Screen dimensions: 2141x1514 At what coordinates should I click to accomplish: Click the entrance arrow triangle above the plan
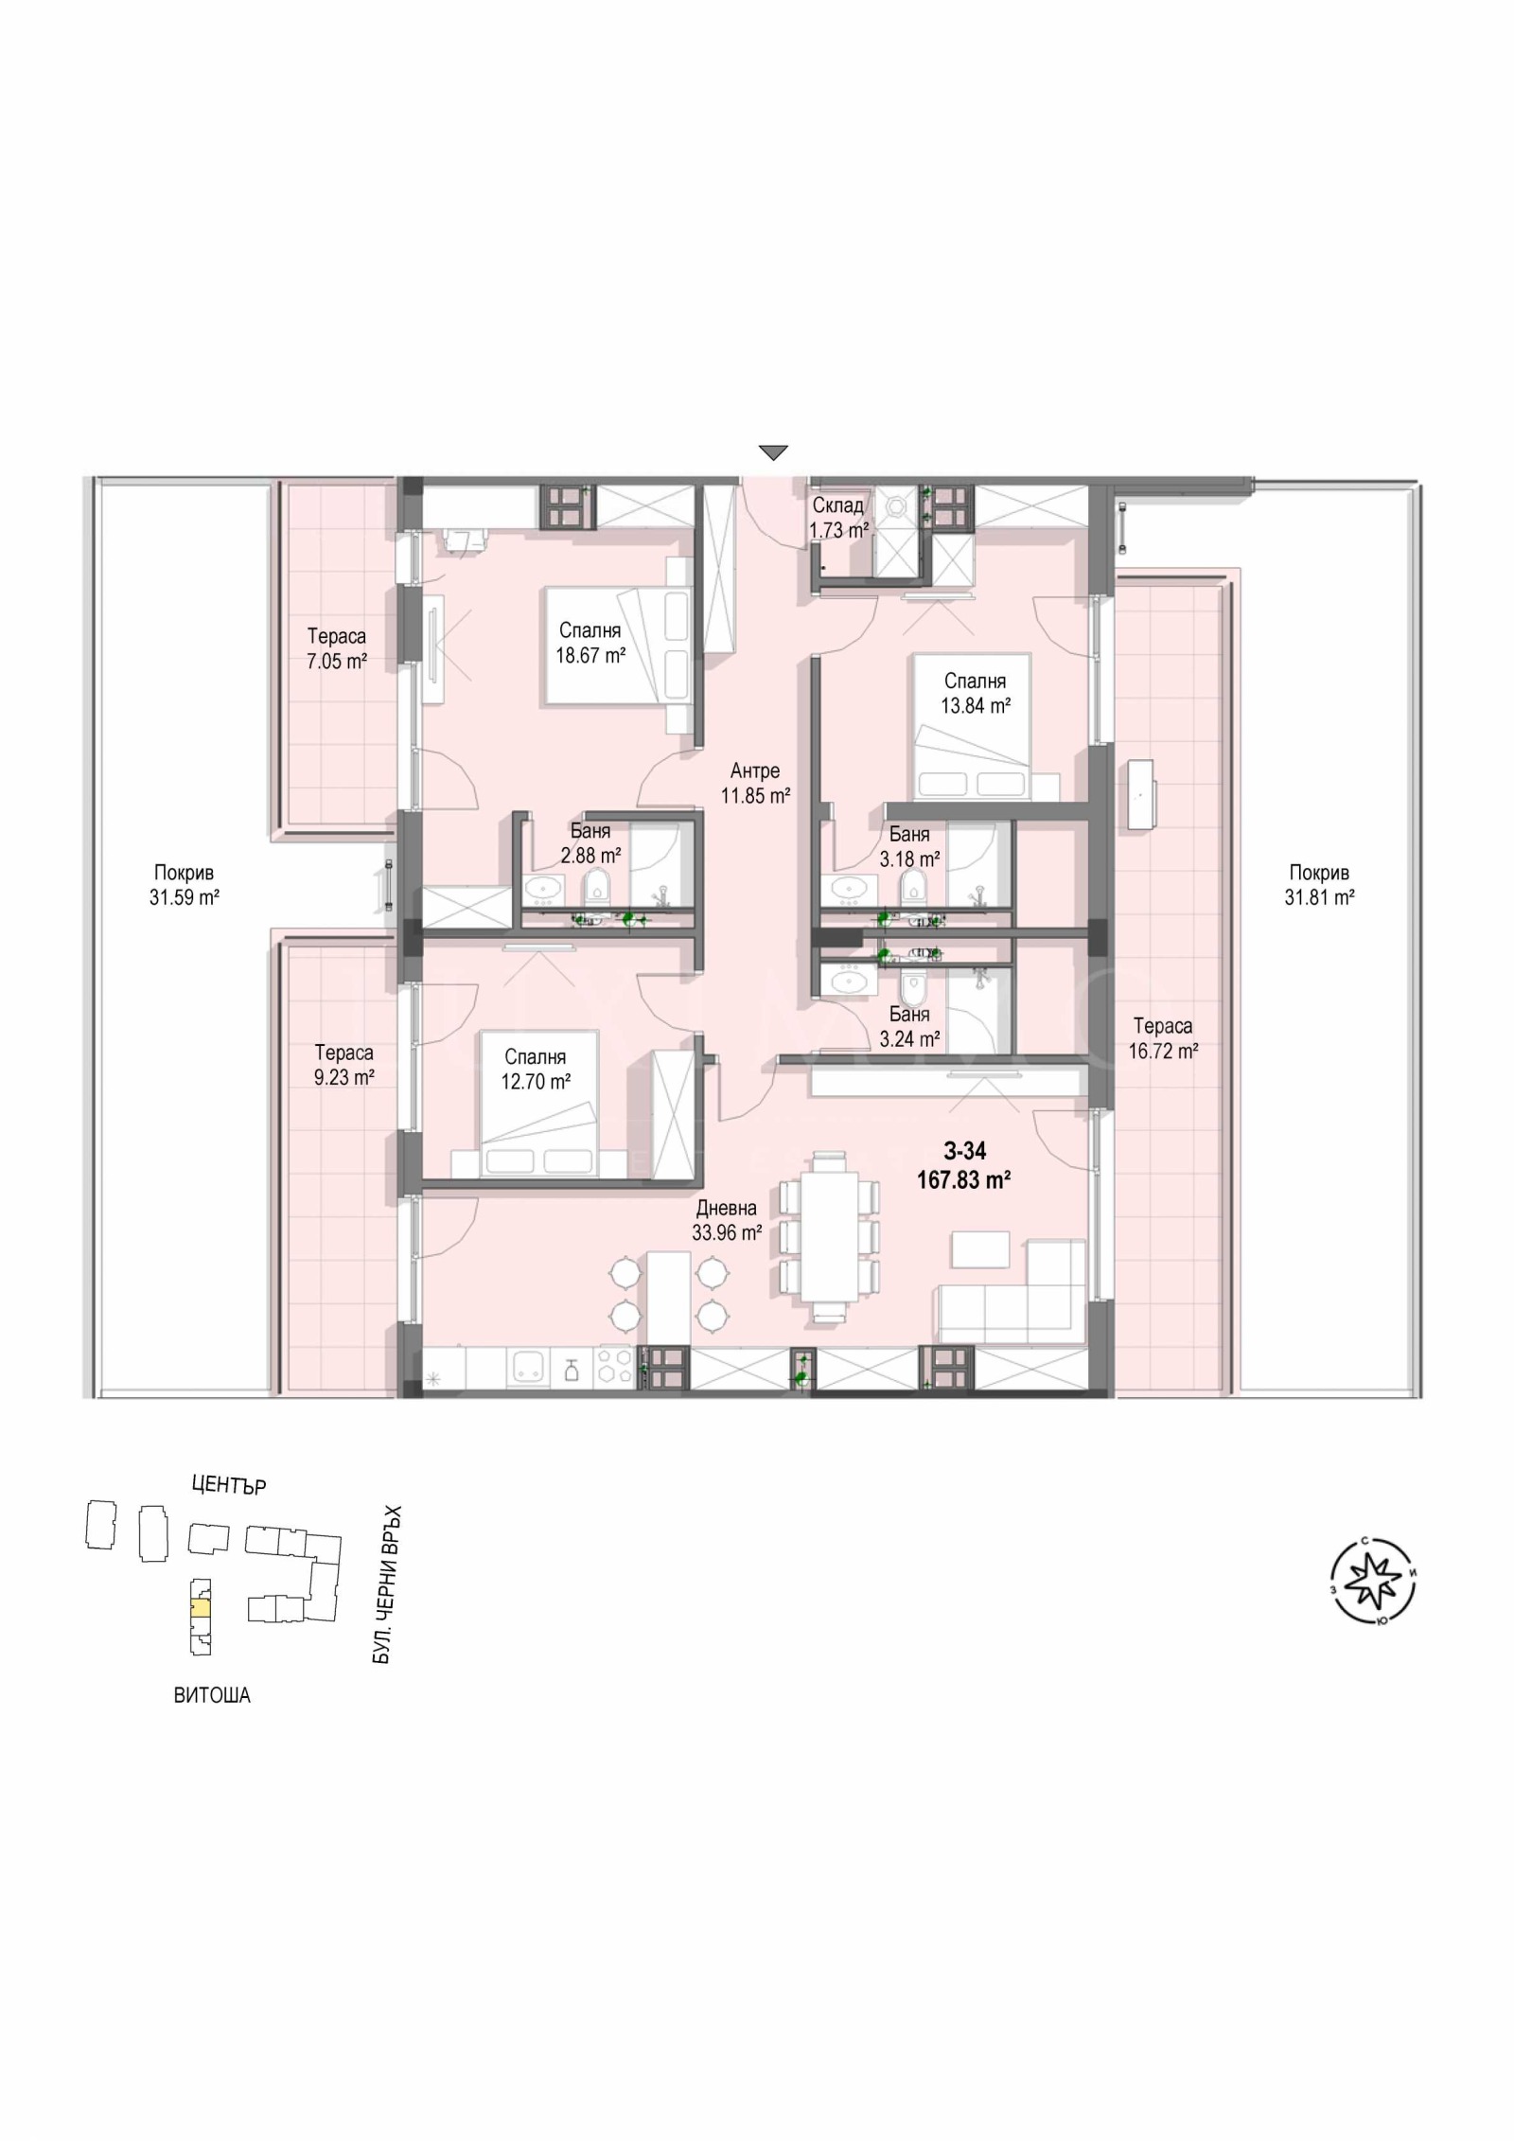(773, 452)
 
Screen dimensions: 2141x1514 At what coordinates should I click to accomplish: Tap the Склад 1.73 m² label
(837, 518)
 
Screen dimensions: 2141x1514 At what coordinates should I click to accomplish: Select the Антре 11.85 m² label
(755, 783)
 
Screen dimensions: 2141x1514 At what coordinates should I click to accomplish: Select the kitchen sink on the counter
(526, 1366)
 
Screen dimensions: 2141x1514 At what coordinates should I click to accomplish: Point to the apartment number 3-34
(964, 1151)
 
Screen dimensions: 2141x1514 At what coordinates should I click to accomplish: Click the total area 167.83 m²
(964, 1179)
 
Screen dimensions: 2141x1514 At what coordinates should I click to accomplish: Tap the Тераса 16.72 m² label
(1163, 1038)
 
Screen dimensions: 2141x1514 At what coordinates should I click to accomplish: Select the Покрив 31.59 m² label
(184, 885)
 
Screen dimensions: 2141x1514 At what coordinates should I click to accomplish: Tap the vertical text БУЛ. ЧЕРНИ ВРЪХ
(382, 1585)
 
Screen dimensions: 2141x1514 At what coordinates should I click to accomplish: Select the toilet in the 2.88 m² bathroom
(596, 888)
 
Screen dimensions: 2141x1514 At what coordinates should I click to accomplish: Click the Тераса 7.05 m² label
(336, 648)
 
